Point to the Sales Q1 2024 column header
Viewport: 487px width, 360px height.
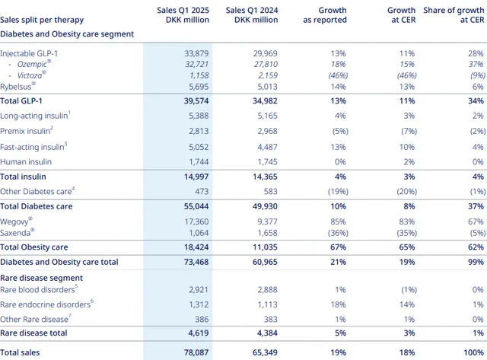[x=252, y=15]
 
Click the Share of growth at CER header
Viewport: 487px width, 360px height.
[x=454, y=15]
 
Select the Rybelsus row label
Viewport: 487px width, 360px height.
[x=18, y=86]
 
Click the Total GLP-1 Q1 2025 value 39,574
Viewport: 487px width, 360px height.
[x=196, y=101]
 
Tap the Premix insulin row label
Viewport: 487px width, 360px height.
[x=27, y=131]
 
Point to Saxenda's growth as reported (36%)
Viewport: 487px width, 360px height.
[x=338, y=233]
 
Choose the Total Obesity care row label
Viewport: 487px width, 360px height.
[x=33, y=247]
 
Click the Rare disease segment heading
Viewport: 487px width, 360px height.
[x=41, y=278]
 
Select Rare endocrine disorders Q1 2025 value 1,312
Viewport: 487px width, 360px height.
[x=199, y=304]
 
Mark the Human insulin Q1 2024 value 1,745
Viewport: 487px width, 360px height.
[x=267, y=162]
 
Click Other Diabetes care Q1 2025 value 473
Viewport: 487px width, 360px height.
[x=202, y=192]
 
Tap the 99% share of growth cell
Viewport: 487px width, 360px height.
[x=476, y=262]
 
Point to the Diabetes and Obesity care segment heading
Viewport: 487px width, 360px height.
[x=67, y=33]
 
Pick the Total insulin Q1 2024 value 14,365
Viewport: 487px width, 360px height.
[x=265, y=177]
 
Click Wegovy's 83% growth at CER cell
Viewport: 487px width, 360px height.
[x=407, y=221]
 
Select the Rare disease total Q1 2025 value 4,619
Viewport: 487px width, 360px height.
[x=199, y=333]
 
